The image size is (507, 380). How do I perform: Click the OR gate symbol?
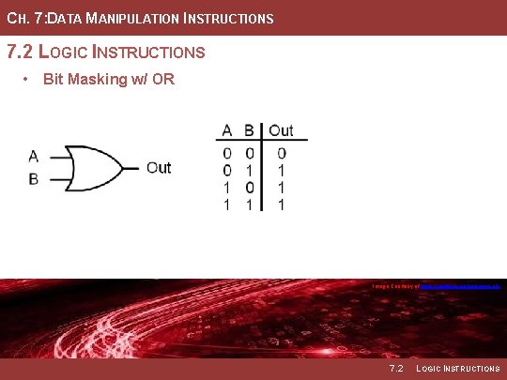click(x=92, y=167)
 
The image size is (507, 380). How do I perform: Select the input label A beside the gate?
click(x=34, y=156)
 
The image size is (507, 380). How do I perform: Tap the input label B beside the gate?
click(x=34, y=178)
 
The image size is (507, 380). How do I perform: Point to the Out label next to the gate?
click(x=159, y=167)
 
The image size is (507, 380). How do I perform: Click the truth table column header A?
click(x=227, y=130)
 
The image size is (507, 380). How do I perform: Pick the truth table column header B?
click(x=250, y=130)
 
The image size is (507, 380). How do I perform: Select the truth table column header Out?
click(x=281, y=130)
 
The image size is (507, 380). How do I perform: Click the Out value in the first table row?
click(x=281, y=153)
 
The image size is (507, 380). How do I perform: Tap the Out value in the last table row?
click(x=281, y=204)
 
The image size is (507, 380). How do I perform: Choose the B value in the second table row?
click(x=250, y=170)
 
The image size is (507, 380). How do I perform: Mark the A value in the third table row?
click(x=227, y=187)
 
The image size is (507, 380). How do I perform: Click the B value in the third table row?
click(x=250, y=187)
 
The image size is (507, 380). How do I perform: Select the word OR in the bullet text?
click(x=163, y=79)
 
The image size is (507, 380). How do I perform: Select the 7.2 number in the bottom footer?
click(x=396, y=368)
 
